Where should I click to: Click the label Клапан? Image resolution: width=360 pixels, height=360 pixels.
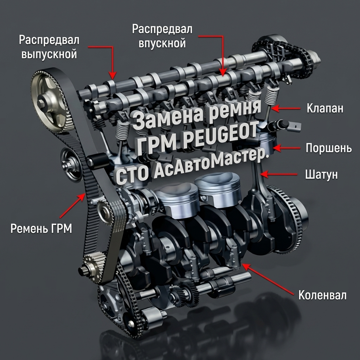tap(324, 108)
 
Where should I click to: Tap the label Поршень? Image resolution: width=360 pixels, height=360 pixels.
tap(329, 148)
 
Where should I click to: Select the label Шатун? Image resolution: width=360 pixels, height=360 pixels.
tap(321, 174)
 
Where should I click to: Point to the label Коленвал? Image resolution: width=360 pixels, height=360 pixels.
tap(322, 295)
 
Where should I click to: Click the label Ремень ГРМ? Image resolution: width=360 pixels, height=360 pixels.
tap(41, 229)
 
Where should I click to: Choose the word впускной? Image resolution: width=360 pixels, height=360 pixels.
tap(162, 43)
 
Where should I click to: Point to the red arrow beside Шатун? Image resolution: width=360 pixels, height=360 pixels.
tap(279, 174)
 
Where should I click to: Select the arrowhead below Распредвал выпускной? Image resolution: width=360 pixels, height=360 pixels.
tap(112, 75)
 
